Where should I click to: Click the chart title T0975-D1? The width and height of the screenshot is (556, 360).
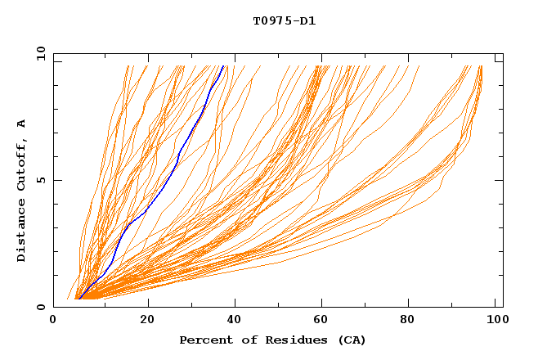point(284,21)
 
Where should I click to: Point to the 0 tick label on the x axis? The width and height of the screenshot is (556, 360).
point(53,321)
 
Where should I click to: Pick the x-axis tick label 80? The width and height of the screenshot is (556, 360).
point(412,321)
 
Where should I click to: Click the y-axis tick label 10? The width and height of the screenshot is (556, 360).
point(40,53)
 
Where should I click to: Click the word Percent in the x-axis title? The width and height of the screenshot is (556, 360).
point(204,340)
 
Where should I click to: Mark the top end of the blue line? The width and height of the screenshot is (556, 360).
point(223,65)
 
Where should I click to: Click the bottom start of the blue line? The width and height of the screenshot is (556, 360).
point(78,299)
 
